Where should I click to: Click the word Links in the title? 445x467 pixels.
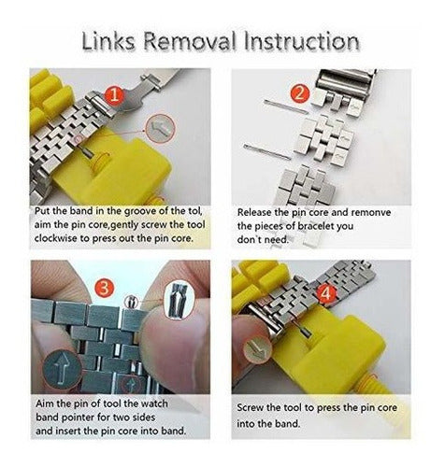[x=108, y=41]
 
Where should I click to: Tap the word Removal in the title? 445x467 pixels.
[x=190, y=41]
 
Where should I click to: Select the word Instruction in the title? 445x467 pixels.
[x=301, y=41]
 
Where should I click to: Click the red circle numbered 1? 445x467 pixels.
[x=115, y=94]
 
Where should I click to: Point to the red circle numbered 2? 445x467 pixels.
[x=299, y=93]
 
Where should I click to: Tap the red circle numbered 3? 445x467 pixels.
[x=105, y=288]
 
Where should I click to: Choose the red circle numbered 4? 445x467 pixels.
[x=326, y=294]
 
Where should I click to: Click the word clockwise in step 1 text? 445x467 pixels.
[x=56, y=238]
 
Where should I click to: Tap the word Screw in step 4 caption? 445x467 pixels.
[x=250, y=408]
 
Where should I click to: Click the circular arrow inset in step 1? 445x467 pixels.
[x=161, y=128]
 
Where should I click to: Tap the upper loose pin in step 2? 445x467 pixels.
[x=286, y=106]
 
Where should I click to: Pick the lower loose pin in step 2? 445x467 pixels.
[x=267, y=151]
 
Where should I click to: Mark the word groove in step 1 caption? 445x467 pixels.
[x=140, y=212]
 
